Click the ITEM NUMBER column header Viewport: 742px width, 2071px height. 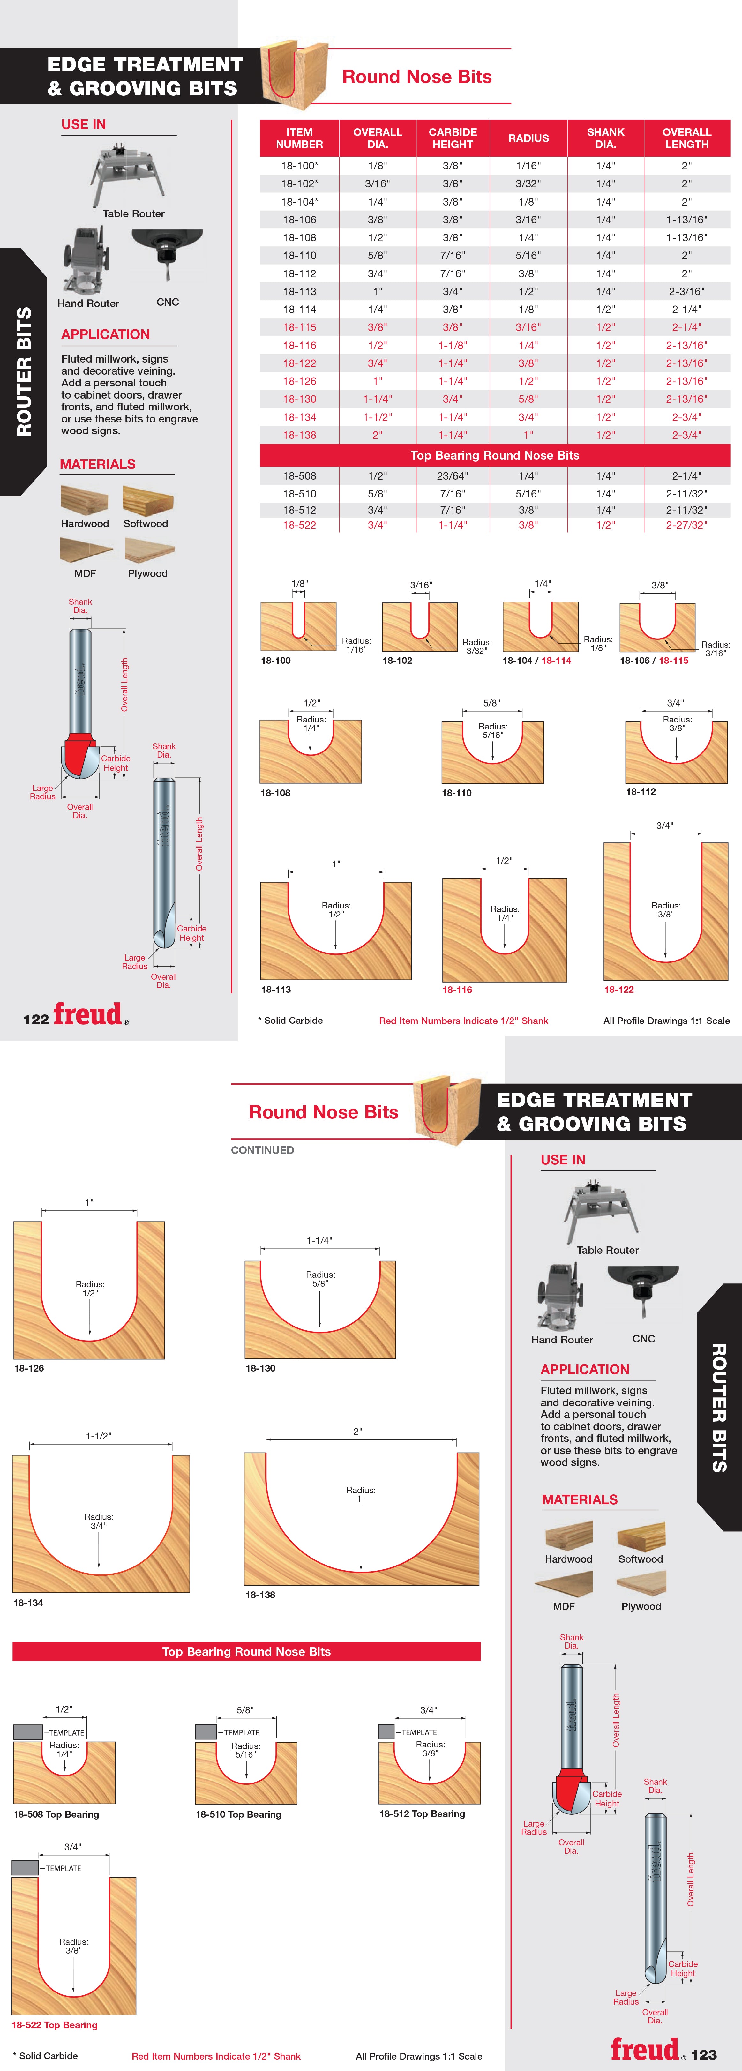click(x=299, y=138)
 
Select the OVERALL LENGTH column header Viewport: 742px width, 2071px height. click(x=686, y=138)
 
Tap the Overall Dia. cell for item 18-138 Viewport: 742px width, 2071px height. click(x=377, y=435)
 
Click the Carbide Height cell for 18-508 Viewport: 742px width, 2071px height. click(x=453, y=476)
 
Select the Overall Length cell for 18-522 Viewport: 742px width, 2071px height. click(x=686, y=525)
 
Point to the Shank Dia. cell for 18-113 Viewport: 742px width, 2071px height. click(x=605, y=291)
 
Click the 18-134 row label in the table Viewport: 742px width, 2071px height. click(x=299, y=417)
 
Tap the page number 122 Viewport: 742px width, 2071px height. click(x=36, y=1019)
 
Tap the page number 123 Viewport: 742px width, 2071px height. click(x=703, y=2054)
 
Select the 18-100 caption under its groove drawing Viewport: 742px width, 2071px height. click(x=276, y=660)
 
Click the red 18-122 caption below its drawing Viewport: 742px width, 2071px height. click(x=619, y=990)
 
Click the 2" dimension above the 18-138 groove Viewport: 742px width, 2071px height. click(x=358, y=1431)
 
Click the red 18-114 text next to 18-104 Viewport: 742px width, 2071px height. click(x=556, y=660)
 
